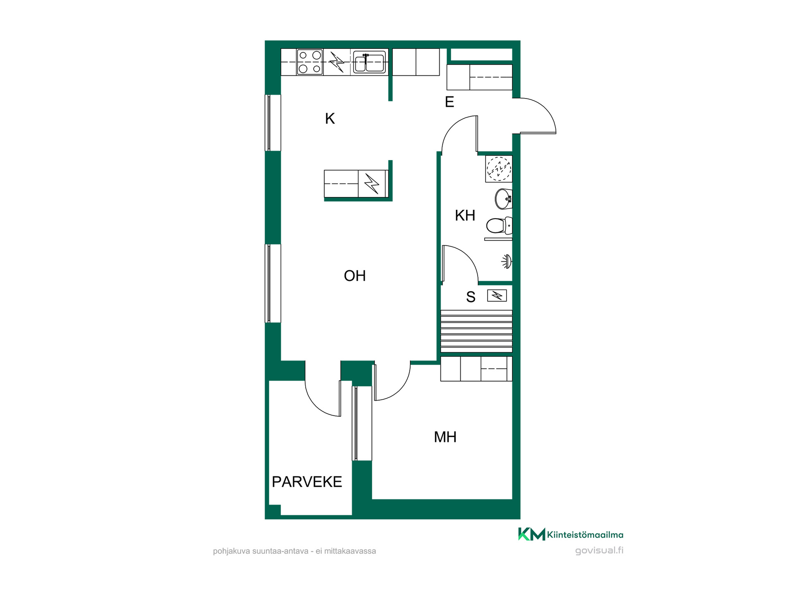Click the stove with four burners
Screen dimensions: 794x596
tap(310, 62)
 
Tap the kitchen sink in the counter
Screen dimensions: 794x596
tap(369, 62)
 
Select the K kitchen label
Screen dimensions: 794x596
tap(330, 119)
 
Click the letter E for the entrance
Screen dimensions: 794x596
tap(449, 102)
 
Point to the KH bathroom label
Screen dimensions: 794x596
tap(465, 215)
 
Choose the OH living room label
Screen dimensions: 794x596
tap(355, 276)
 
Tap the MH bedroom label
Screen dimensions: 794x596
tap(445, 437)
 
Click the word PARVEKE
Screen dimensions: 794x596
tap(307, 482)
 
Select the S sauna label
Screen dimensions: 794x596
tap(471, 297)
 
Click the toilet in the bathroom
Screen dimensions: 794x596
tap(499, 226)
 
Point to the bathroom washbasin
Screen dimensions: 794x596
tap(504, 199)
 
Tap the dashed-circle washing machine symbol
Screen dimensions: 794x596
tap(499, 168)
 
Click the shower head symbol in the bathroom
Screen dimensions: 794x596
tap(507, 262)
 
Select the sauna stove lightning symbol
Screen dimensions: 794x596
tap(497, 296)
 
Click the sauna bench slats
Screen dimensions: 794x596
tap(476, 331)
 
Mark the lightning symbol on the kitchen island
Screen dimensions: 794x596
tap(372, 183)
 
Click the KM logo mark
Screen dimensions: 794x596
tap(531, 534)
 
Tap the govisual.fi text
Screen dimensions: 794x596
tap(599, 550)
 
